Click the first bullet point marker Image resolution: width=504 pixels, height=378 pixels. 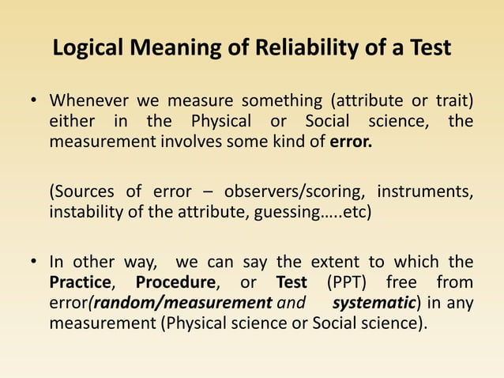click(34, 103)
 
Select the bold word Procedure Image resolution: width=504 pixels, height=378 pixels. click(175, 282)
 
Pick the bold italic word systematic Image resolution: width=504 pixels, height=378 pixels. click(371, 303)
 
